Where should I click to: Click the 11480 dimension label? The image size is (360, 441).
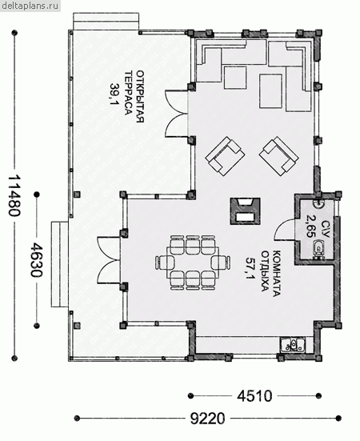(14, 196)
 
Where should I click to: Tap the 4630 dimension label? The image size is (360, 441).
(37, 260)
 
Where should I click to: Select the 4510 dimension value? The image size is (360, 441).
(254, 396)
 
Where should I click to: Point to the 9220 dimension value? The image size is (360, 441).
(208, 419)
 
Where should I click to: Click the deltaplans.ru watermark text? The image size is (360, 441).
(30, 6)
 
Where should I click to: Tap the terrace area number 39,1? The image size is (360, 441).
(114, 94)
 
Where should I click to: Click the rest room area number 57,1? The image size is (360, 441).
(250, 268)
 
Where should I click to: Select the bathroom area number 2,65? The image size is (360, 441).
(309, 227)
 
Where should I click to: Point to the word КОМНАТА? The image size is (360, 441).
(277, 273)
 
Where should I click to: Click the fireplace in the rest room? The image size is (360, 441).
(245, 211)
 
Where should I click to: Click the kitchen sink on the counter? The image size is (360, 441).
(293, 345)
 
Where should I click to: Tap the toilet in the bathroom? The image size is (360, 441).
(318, 248)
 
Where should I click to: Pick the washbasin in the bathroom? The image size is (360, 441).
(319, 202)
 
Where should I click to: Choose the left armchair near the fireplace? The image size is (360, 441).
(225, 156)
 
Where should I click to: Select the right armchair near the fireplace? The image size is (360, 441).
(278, 156)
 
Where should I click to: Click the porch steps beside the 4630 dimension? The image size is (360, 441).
(59, 264)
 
